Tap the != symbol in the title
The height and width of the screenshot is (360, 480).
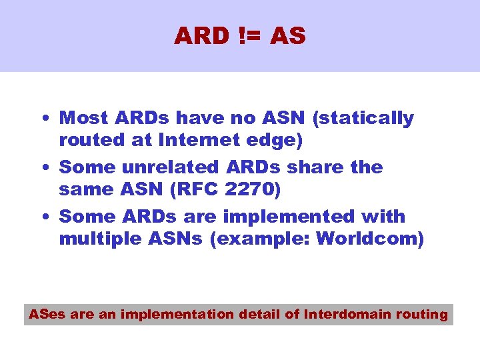coord(249,36)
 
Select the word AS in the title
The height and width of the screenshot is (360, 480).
coord(288,36)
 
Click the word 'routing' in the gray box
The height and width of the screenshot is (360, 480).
coord(421,314)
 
